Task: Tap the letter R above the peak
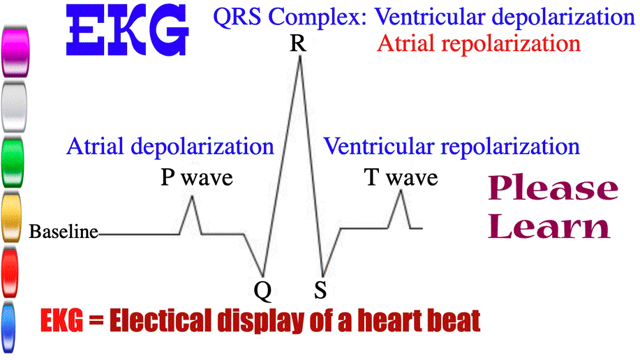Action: click(298, 43)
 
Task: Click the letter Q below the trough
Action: click(262, 292)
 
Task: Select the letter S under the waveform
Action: click(320, 290)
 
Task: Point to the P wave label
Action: click(197, 177)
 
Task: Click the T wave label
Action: click(401, 177)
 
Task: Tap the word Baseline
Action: click(64, 232)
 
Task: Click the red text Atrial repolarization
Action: click(479, 43)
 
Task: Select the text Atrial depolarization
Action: click(170, 146)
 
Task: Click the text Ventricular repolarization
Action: click(452, 146)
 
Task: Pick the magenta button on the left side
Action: click(15, 52)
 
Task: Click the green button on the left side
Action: click(13, 162)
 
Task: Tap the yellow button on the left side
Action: click(11, 217)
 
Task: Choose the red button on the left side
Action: click(10, 272)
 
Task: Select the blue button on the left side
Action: click(8, 327)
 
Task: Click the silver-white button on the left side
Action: click(14, 107)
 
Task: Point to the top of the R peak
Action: click(300, 57)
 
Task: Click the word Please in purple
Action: click(553, 188)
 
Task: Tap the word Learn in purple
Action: click(549, 226)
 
